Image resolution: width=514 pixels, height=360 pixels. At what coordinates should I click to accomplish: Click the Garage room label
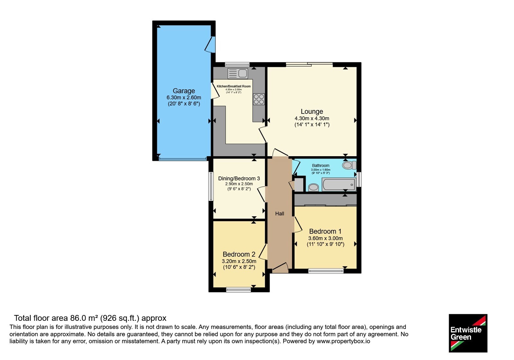184,91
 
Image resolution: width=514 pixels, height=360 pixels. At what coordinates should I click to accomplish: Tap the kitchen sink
238,74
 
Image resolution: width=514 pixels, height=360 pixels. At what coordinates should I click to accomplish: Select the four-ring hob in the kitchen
259,99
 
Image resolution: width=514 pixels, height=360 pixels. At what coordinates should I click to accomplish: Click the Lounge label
312,112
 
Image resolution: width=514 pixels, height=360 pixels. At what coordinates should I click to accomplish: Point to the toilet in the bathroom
349,165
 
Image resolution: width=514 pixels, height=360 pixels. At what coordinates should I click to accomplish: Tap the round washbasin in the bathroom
314,187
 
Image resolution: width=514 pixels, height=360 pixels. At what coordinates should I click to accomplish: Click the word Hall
280,213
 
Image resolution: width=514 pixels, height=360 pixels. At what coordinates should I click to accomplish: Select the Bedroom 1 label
325,231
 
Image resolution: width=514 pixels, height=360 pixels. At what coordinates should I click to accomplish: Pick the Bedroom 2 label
239,254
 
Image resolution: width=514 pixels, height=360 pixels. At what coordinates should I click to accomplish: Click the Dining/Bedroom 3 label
239,178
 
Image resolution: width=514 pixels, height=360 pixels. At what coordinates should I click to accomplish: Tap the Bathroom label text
321,166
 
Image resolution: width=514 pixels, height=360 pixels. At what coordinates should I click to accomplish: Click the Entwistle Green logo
468,333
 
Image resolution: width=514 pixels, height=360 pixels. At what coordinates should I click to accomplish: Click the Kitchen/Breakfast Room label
234,86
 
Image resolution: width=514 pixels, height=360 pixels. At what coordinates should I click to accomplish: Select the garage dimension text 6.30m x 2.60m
184,98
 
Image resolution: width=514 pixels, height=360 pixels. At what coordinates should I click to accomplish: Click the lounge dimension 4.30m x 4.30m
312,119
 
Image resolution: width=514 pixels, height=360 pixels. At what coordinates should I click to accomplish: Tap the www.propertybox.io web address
343,341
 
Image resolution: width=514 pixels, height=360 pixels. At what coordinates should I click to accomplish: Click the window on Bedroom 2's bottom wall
238,290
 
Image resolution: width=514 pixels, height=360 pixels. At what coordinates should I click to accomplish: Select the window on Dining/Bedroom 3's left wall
211,186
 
